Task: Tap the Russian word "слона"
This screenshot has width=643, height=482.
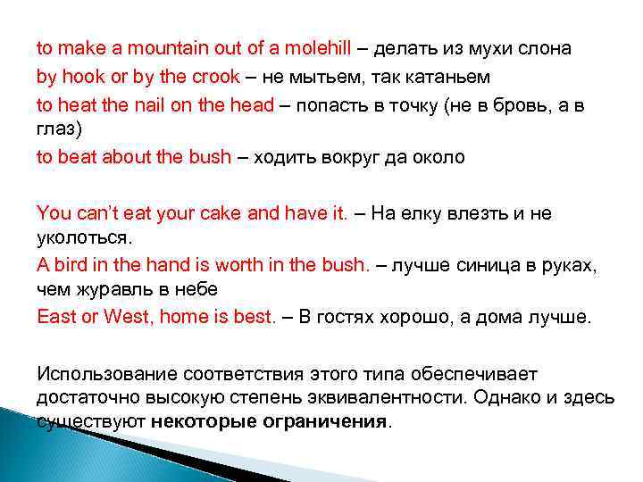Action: click(547, 48)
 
